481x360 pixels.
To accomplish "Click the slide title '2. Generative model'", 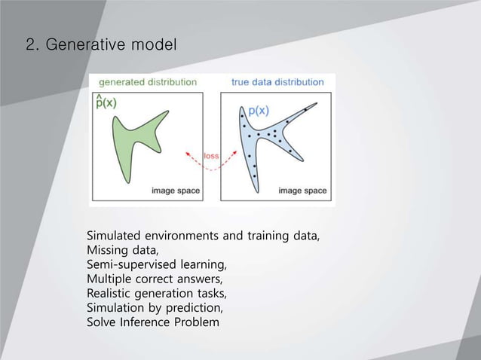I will tap(101, 45).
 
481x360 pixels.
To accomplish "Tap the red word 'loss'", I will tap(211, 156).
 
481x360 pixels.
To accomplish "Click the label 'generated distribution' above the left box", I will tap(148, 81).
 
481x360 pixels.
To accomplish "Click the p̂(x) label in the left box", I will tap(105, 102).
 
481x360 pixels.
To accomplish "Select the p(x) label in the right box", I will tap(258, 111).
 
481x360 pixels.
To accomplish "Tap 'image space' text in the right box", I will tap(302, 191).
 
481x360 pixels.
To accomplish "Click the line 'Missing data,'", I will tap(123, 250).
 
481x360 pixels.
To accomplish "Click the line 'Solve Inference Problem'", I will tap(153, 322).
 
